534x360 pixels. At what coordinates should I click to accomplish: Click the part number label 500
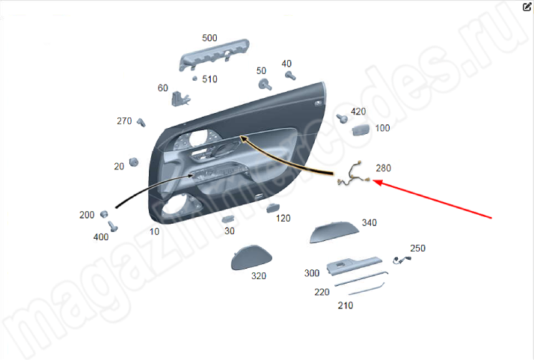(209, 38)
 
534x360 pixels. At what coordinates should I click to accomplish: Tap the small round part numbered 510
(194, 79)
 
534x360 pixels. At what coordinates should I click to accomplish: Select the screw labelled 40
(290, 76)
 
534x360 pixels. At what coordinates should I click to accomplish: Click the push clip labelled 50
(265, 85)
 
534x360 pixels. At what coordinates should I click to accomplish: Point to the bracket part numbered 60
(179, 99)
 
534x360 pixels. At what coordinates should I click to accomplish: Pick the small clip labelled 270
(141, 123)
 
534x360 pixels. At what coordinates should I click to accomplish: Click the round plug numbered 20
(134, 162)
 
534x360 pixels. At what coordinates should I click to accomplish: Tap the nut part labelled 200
(104, 215)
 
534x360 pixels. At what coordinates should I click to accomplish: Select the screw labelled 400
(113, 226)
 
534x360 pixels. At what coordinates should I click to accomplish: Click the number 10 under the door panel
(154, 232)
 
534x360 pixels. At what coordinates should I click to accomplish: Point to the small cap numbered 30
(227, 219)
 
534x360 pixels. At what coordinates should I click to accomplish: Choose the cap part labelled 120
(273, 207)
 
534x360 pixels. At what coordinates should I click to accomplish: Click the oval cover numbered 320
(251, 257)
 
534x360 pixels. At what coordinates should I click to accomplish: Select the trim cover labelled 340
(334, 232)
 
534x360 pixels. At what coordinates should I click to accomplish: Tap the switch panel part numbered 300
(355, 265)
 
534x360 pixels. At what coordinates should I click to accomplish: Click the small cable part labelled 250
(402, 260)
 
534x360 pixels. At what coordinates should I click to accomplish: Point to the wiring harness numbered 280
(354, 174)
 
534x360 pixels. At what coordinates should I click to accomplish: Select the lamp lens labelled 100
(361, 130)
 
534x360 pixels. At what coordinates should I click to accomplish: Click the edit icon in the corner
(527, 7)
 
